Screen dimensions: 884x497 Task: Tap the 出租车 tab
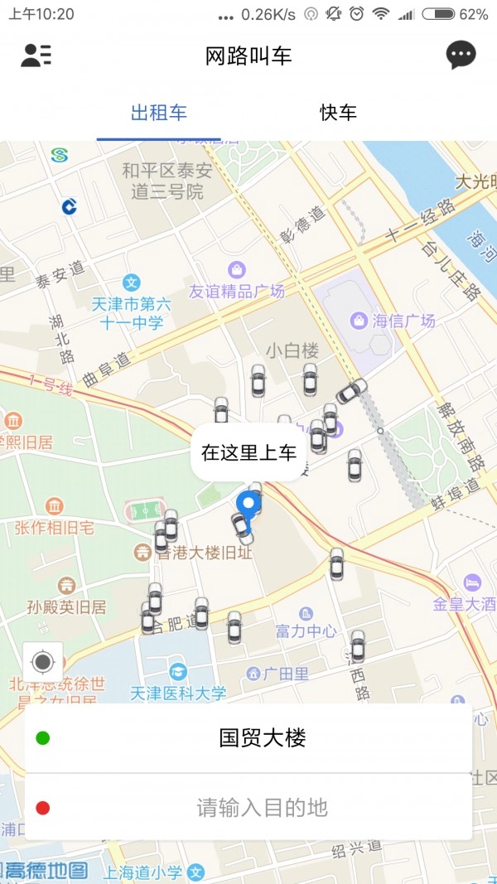click(x=159, y=113)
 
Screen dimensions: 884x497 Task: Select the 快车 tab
click(x=338, y=113)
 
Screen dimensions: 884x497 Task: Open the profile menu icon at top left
click(x=36, y=56)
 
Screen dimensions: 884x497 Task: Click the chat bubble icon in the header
click(x=461, y=56)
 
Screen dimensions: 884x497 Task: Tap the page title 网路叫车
click(x=248, y=56)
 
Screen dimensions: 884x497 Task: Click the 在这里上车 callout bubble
click(x=248, y=452)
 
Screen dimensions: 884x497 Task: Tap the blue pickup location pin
click(x=248, y=505)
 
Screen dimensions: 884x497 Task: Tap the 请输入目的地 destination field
click(x=262, y=807)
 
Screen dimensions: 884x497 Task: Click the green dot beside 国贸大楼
click(x=43, y=737)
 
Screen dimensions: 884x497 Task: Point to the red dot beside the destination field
click(x=43, y=808)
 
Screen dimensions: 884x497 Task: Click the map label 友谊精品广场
click(x=237, y=291)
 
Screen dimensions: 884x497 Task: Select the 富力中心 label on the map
click(x=306, y=631)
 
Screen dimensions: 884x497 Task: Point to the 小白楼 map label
click(x=292, y=350)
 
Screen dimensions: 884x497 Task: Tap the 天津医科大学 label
click(x=178, y=693)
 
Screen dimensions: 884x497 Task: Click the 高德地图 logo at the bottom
click(x=46, y=870)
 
